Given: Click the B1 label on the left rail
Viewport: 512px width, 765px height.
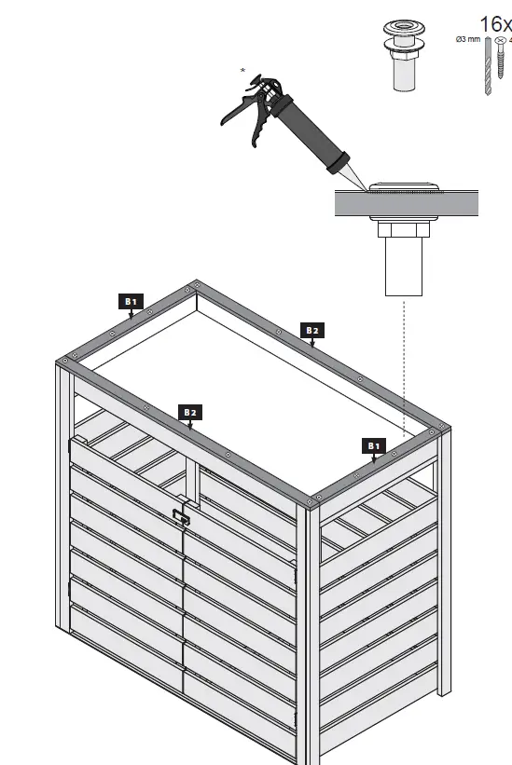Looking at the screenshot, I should pos(131,301).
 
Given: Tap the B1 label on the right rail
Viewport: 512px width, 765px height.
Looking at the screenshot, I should pos(374,445).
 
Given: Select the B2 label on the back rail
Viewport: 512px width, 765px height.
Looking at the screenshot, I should pos(311,330).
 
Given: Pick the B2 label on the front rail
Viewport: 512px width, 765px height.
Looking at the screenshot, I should pos(190,411).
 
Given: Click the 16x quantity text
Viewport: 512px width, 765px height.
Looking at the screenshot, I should pos(494,23).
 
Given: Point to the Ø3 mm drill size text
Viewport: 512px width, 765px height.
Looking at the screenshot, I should pos(466,40).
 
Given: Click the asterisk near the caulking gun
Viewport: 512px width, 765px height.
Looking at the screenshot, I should pos(243,71).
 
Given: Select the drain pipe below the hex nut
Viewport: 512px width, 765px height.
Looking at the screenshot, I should pos(404,267).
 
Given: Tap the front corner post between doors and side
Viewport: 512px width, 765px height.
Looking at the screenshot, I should pos(309,634).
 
